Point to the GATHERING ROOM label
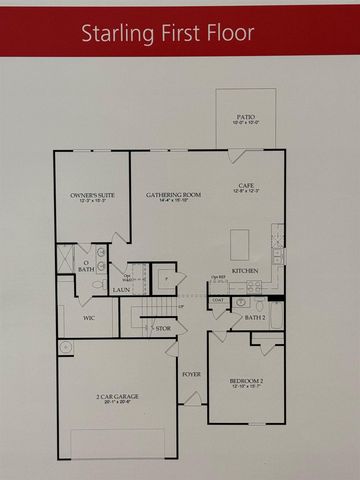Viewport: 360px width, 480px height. point(169,196)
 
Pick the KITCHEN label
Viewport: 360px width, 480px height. point(246,271)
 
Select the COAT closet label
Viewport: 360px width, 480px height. point(218,299)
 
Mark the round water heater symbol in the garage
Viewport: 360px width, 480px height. point(66,347)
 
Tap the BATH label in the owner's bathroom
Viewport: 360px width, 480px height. point(86,269)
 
